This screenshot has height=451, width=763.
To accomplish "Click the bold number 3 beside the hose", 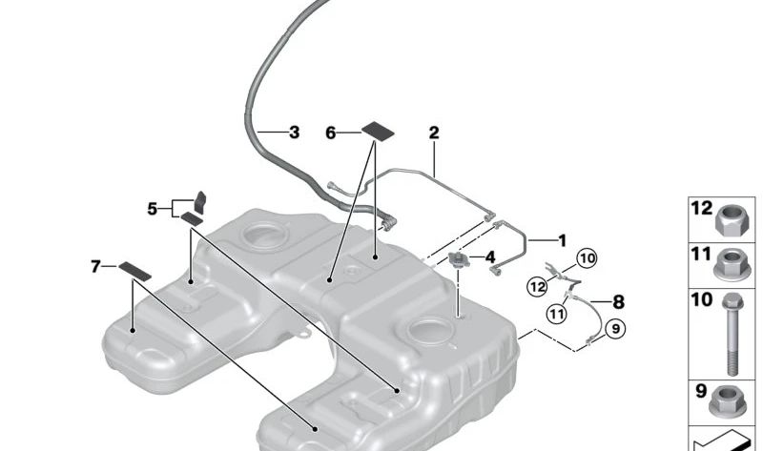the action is (x=294, y=133).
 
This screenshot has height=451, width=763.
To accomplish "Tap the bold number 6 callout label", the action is (x=331, y=133).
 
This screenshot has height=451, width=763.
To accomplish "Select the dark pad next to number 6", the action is (x=378, y=131).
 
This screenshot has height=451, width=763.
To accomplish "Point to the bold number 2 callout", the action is (x=434, y=133).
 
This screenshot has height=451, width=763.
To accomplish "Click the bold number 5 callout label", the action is (x=153, y=209).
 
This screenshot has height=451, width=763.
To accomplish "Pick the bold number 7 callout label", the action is (x=95, y=267).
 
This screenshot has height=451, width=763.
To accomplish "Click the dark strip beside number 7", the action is (x=134, y=271).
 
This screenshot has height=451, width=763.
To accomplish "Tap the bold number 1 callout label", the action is (x=562, y=241).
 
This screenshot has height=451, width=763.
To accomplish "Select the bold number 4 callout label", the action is (x=489, y=257).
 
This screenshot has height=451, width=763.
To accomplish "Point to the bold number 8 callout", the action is (x=618, y=302).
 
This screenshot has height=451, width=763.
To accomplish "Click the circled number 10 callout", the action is (x=588, y=258).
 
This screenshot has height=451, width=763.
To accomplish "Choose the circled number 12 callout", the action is (x=537, y=287).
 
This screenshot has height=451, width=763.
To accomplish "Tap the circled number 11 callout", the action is (x=556, y=313).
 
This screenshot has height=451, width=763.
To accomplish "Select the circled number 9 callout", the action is (x=615, y=329).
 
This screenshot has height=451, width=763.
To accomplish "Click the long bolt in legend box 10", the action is (x=732, y=335).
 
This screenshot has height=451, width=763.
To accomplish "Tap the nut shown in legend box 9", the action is (x=728, y=402).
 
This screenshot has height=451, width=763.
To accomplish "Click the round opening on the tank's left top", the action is (x=265, y=235).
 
